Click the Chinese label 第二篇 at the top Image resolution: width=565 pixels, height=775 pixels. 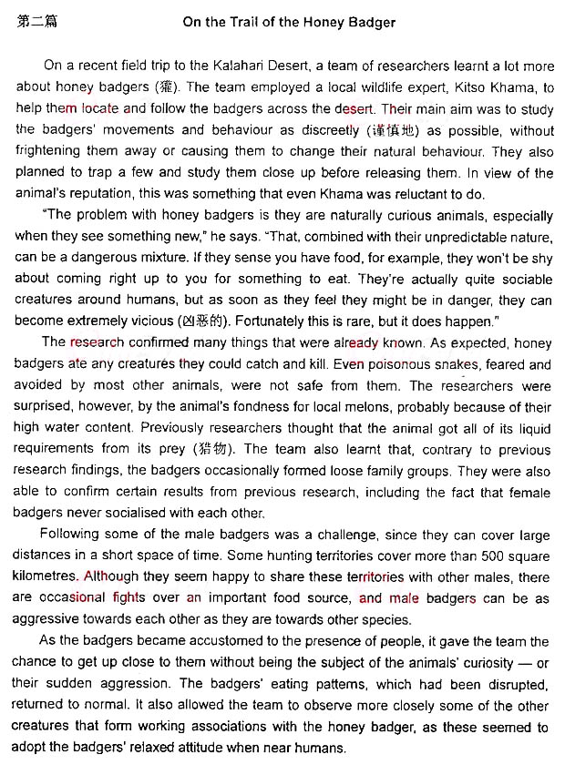[x=37, y=21]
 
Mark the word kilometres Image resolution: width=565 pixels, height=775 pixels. [x=46, y=576]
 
